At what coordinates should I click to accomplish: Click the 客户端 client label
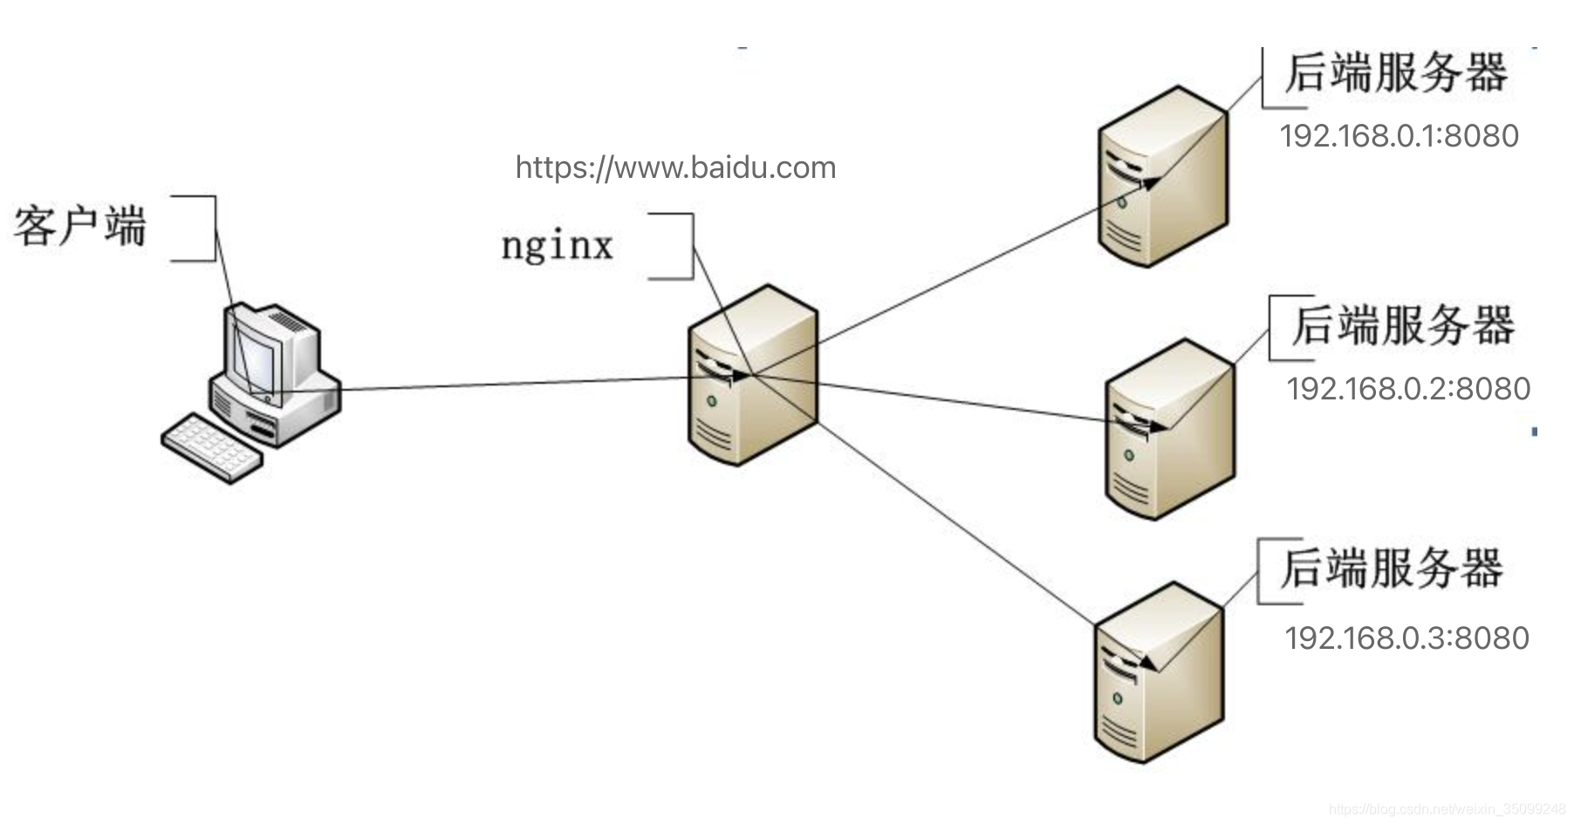coord(79,227)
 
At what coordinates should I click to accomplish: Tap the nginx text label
coord(557,245)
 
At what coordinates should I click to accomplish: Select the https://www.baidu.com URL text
coord(675,167)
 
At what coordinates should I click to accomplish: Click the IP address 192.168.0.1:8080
coord(1399,136)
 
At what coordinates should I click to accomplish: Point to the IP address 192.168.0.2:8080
coord(1408,389)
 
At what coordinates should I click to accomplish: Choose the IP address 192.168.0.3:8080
coord(1406,638)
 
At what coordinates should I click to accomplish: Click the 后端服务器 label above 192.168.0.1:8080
coord(1396,72)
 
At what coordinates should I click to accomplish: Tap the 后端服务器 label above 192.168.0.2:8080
coord(1403,325)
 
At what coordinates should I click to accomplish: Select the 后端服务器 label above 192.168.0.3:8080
coord(1392,568)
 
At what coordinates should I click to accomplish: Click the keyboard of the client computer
coord(212,445)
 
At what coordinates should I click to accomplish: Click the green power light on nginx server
coord(712,401)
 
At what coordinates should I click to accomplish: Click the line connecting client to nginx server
coord(515,384)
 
